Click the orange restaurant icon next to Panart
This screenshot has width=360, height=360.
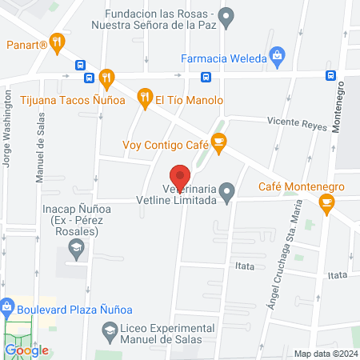click(57, 42)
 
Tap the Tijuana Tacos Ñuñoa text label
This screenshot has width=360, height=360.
click(48, 100)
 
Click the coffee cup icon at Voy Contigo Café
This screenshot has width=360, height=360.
click(219, 144)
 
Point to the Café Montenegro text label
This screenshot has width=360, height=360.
click(302, 186)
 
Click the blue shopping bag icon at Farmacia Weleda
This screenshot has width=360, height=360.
click(277, 56)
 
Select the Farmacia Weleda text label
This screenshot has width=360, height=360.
click(222, 58)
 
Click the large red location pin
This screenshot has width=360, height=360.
click(181, 178)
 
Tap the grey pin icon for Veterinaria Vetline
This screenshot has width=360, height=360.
click(228, 191)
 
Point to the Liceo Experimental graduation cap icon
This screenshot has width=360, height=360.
click(109, 330)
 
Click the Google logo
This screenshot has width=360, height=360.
click(27, 350)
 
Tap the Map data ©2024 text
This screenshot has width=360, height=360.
click(326, 353)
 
